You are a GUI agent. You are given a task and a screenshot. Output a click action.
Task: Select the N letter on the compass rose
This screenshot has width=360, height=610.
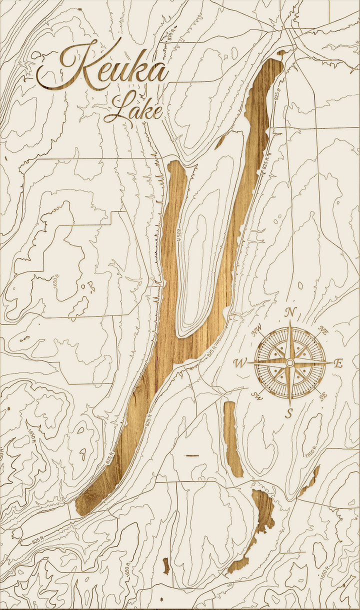click(289, 312)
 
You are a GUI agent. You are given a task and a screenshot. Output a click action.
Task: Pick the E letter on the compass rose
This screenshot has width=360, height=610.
click(338, 363)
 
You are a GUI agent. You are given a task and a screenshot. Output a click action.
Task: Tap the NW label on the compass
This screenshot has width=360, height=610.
click(257, 330)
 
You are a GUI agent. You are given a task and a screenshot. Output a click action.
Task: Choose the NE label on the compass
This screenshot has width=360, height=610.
click(322, 329)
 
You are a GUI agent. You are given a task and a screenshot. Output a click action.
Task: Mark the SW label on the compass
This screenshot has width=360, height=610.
click(257, 396)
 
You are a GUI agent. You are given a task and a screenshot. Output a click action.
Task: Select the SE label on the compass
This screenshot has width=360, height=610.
click(323, 396)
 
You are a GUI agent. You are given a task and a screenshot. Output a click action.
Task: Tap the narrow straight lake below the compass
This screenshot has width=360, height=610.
click(232, 437)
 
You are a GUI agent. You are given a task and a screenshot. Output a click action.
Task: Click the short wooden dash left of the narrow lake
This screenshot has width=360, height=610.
click(192, 455)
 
